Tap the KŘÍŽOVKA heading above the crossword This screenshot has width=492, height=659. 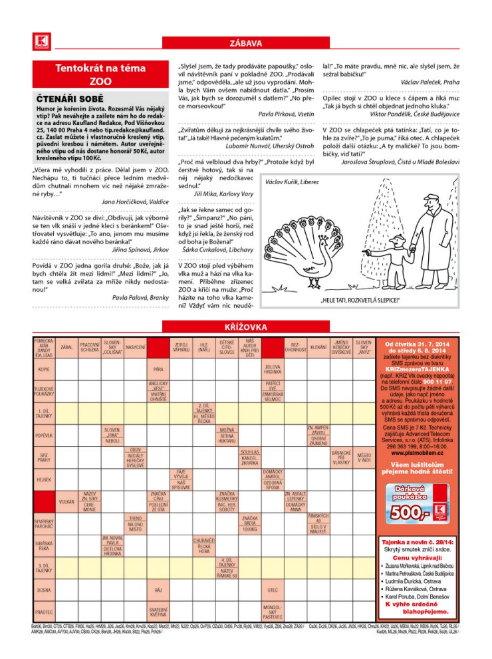pos(245,327)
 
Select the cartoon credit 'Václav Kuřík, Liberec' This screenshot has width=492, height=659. pos(292,181)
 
